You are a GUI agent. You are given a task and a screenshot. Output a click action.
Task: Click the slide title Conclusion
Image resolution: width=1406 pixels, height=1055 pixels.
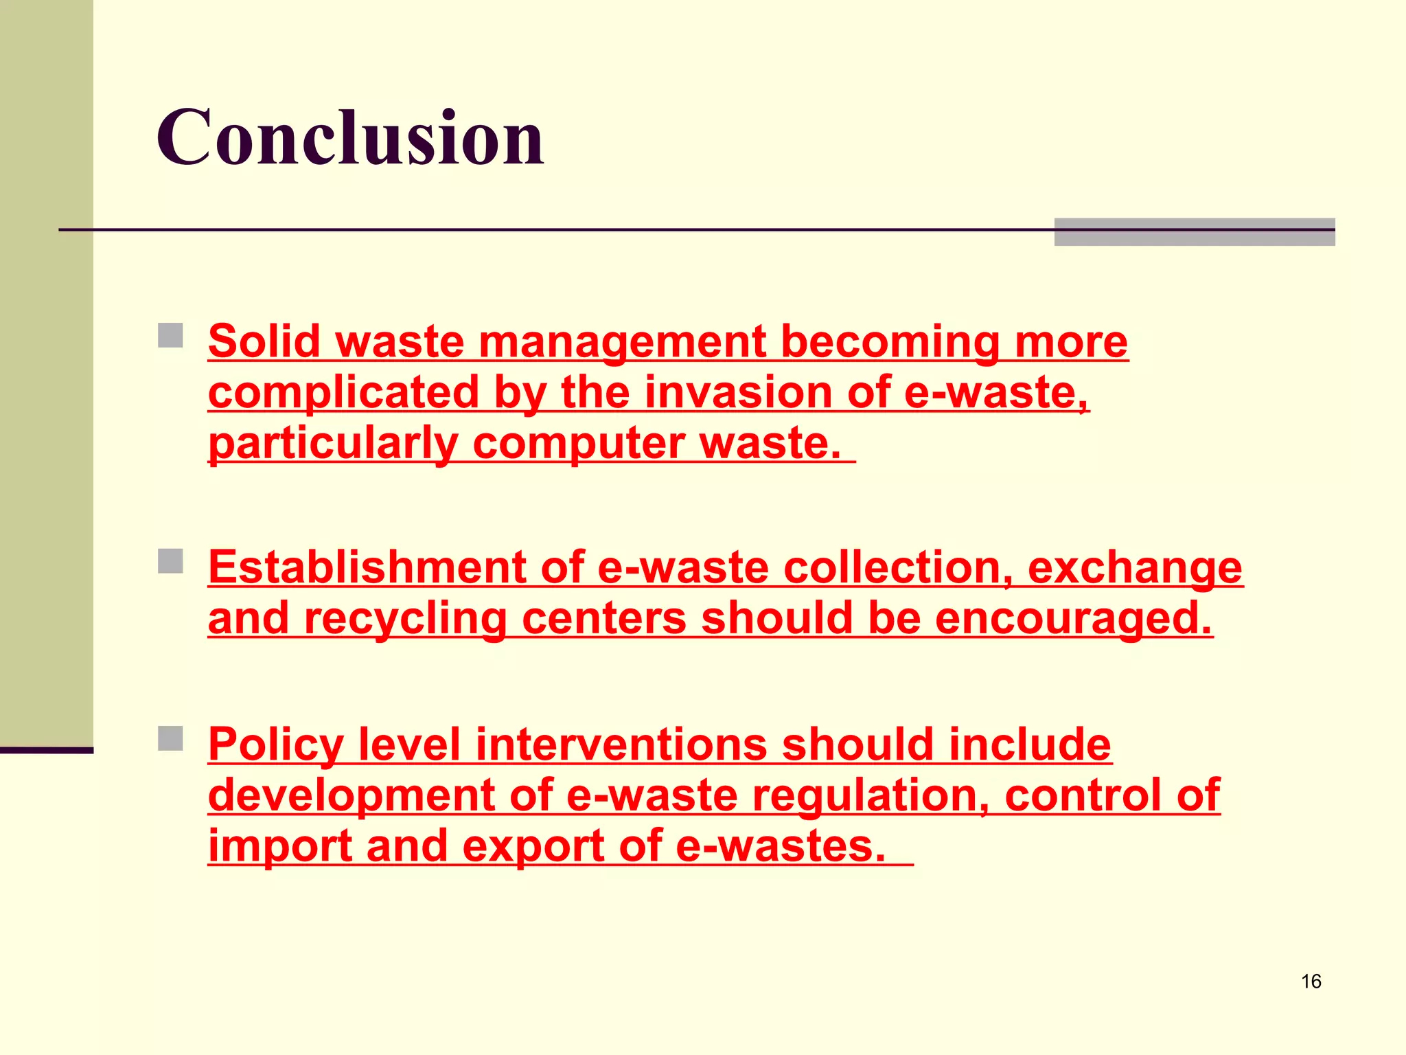point(350,138)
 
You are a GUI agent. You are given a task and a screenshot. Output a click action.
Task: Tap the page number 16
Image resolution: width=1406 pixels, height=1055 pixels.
point(1311,982)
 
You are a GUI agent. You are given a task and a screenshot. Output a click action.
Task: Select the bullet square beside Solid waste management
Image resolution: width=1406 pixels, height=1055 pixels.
point(170,336)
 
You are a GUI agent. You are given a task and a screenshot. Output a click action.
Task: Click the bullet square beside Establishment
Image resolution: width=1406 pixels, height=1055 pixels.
point(170,560)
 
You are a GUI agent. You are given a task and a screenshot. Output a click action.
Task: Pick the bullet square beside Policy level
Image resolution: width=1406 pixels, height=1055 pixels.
point(170,738)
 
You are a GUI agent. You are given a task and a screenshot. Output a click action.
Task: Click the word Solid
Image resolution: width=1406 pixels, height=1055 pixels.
point(264,341)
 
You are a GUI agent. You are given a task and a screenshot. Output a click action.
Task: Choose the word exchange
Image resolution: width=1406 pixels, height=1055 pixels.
point(1134,569)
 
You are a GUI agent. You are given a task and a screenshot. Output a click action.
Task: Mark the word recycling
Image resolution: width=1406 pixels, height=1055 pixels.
point(405,618)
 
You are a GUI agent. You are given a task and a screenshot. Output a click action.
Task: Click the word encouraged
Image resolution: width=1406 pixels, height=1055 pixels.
point(1073,618)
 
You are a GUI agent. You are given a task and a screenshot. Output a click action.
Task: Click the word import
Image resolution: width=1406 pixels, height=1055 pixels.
point(279,846)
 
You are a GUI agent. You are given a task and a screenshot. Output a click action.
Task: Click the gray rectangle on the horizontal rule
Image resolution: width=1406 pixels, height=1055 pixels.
point(1194,231)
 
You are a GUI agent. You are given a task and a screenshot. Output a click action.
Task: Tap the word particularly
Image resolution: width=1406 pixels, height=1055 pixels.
point(333,444)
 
